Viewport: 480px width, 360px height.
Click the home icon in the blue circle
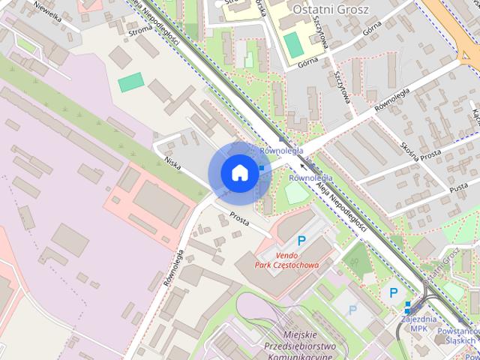coord(238,172)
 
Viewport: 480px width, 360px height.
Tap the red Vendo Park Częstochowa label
coord(286,260)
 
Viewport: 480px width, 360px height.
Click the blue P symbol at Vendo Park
coord(301,241)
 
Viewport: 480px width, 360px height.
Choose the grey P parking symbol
coord(352,309)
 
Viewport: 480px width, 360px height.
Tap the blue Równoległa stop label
coord(310,178)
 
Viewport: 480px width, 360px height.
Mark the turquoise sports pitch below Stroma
coord(131,82)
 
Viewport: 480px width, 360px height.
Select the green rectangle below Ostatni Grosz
coord(294,45)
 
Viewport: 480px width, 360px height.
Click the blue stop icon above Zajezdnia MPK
coord(408,307)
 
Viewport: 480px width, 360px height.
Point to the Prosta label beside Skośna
coord(430,157)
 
